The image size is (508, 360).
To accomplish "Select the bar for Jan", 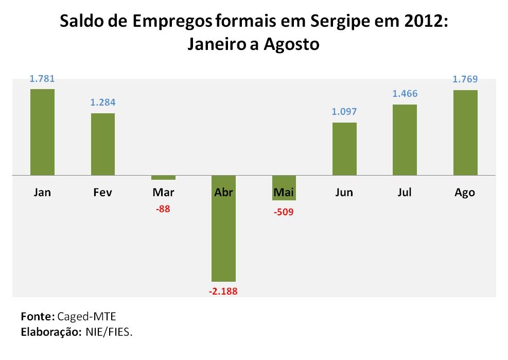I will click(x=42, y=132).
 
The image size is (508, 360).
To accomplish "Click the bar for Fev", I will click(x=103, y=144).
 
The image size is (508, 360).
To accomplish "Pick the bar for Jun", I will click(x=344, y=149).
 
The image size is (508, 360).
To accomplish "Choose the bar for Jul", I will click(x=405, y=140).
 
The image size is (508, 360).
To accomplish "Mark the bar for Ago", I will click(x=465, y=132).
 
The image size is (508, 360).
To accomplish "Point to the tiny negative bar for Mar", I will click(x=163, y=178).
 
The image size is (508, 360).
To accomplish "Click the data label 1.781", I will click(x=42, y=79).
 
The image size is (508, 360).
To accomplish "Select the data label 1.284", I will click(x=103, y=102).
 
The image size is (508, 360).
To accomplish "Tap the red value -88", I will click(x=163, y=210).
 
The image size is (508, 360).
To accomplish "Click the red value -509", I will click(x=284, y=211).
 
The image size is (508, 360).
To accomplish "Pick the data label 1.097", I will click(x=344, y=112).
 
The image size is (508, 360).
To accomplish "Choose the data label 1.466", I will click(x=405, y=94).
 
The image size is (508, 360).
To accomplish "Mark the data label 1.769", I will click(x=465, y=79).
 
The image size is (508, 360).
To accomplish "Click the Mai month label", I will click(x=284, y=193).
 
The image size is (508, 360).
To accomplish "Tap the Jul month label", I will click(x=405, y=193).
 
